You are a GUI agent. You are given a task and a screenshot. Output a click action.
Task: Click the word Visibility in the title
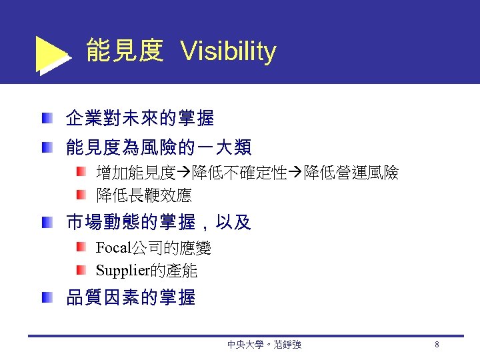228,51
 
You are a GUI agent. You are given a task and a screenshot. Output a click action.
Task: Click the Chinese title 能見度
125,51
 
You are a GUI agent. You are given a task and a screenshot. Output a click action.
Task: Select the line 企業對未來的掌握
139,119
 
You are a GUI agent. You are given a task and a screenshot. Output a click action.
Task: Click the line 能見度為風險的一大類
158,147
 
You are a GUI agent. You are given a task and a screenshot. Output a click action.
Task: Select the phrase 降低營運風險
351,175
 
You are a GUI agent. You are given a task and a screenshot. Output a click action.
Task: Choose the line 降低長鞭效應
143,195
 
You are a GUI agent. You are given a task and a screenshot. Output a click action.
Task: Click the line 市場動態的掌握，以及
158,223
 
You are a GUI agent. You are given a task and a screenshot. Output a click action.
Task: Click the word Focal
113,249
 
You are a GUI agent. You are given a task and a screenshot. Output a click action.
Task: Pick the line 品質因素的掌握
130,298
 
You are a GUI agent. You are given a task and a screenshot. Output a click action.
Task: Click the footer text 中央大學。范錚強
264,345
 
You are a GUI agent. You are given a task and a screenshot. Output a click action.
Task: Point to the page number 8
436,345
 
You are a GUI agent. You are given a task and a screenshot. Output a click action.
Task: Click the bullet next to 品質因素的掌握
46,298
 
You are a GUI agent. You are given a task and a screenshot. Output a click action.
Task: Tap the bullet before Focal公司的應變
80,249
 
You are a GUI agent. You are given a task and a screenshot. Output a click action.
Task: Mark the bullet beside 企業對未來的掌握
46,119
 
